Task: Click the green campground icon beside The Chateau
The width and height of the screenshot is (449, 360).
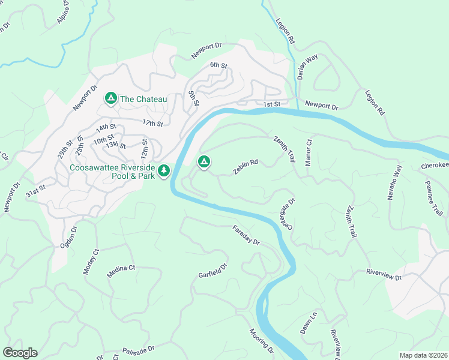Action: point(111,98)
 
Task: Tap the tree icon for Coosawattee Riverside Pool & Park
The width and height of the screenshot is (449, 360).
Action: point(164,172)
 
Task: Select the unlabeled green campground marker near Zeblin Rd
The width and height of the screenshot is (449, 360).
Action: point(204,161)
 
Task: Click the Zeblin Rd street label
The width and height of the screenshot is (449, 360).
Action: point(246,167)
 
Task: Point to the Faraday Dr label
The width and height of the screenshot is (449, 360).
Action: point(246,235)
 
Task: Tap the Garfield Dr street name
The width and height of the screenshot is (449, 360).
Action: point(214,271)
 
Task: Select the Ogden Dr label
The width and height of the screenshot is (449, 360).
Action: point(70,237)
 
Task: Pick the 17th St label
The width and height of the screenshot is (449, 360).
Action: point(153,123)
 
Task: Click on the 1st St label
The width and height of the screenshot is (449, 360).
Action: point(272,104)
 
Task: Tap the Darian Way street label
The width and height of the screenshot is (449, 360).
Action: point(307,68)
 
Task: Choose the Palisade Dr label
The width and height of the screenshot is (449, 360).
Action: point(139,348)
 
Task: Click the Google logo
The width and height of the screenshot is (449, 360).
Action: point(20,353)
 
